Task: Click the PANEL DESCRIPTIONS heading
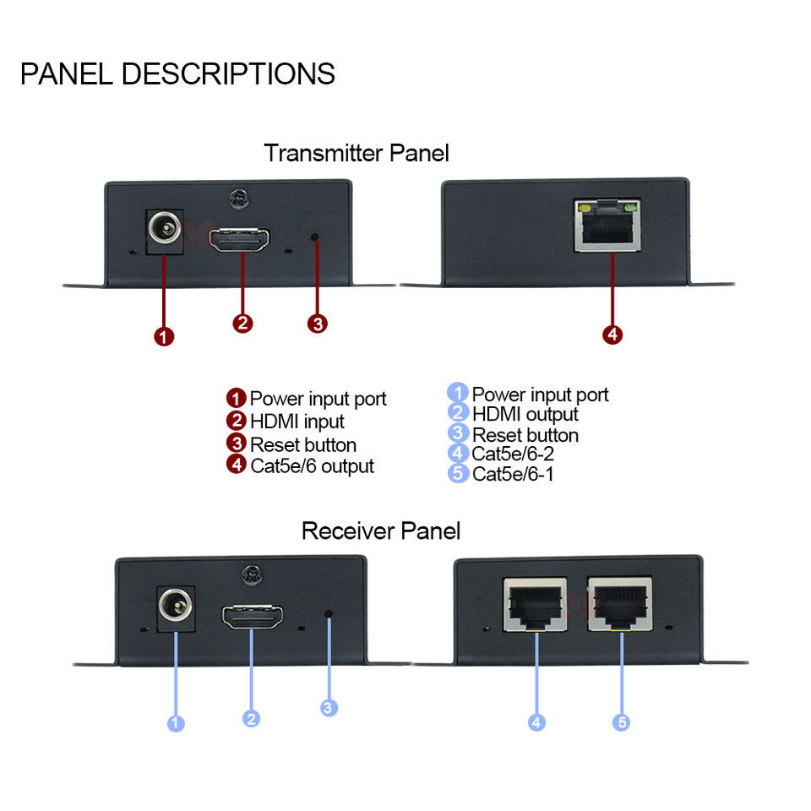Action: point(177,73)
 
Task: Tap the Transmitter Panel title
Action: point(357,153)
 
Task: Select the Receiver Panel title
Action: point(381,531)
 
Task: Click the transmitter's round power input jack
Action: point(165,228)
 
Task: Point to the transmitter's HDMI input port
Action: point(239,240)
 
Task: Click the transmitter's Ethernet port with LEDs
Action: point(607,225)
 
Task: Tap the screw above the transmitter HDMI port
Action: point(239,199)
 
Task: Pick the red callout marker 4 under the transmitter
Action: point(612,335)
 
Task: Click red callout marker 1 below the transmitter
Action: point(164,337)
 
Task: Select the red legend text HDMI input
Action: point(297,422)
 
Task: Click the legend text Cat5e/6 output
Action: point(312,466)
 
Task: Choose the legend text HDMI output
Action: point(525,414)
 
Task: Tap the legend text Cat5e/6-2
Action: point(513,454)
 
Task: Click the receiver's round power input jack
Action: point(176,605)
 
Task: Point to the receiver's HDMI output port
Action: point(253,616)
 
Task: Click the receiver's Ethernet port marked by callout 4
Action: point(535,604)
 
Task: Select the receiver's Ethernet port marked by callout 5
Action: point(619,604)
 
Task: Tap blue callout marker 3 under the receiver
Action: point(329,708)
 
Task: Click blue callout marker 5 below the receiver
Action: point(621,722)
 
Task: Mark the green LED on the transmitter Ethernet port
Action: point(630,208)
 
